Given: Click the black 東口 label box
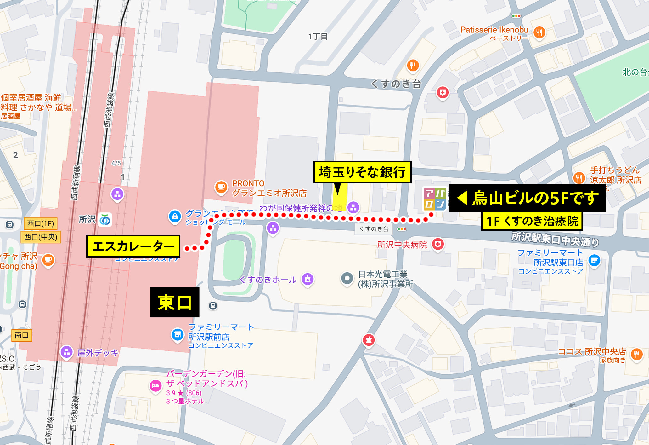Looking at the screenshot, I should point(175,302).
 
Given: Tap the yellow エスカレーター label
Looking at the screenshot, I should point(133,246).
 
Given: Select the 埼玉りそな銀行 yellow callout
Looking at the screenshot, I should point(362,172).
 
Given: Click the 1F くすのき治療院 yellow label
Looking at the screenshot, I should point(532,221).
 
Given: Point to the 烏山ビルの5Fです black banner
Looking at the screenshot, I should point(527,198).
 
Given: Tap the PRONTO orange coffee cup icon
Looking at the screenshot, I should point(221,187).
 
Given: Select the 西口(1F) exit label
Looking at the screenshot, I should point(41,223).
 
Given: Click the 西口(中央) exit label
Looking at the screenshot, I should point(41,237).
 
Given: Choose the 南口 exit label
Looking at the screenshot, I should point(21,335).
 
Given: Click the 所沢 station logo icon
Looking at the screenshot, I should point(105,220).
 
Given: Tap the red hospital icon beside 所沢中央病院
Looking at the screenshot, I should point(438,244).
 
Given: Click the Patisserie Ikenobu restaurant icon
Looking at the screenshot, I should point(539,32).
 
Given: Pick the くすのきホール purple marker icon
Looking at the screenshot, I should point(308,279).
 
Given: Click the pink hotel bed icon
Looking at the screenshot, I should point(155,385).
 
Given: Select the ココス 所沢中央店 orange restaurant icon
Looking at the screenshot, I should point(636,354).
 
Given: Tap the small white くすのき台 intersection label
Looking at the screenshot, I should point(374,229).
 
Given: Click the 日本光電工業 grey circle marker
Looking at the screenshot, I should point(347,278).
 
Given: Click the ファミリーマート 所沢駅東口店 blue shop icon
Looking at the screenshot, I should point(594,260).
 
